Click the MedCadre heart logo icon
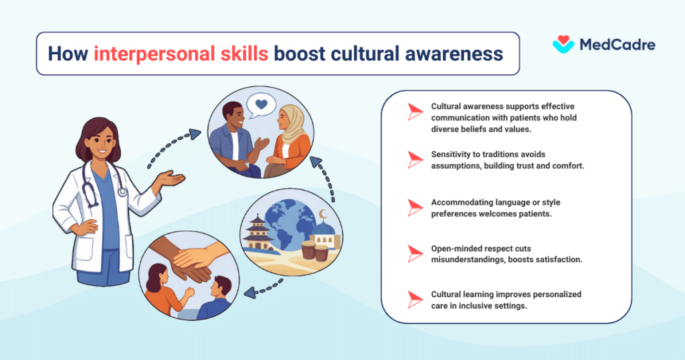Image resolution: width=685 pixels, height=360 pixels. pos(563,44)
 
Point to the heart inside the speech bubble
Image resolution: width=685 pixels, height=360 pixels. pos(262,104)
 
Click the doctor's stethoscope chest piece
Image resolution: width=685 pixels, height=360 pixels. pos(122,192)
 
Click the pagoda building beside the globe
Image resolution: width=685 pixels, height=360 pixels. pos(254,230)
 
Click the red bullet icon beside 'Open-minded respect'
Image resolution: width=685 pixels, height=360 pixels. pos(415,252)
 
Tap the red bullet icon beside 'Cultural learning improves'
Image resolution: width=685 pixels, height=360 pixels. pos(415,299)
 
